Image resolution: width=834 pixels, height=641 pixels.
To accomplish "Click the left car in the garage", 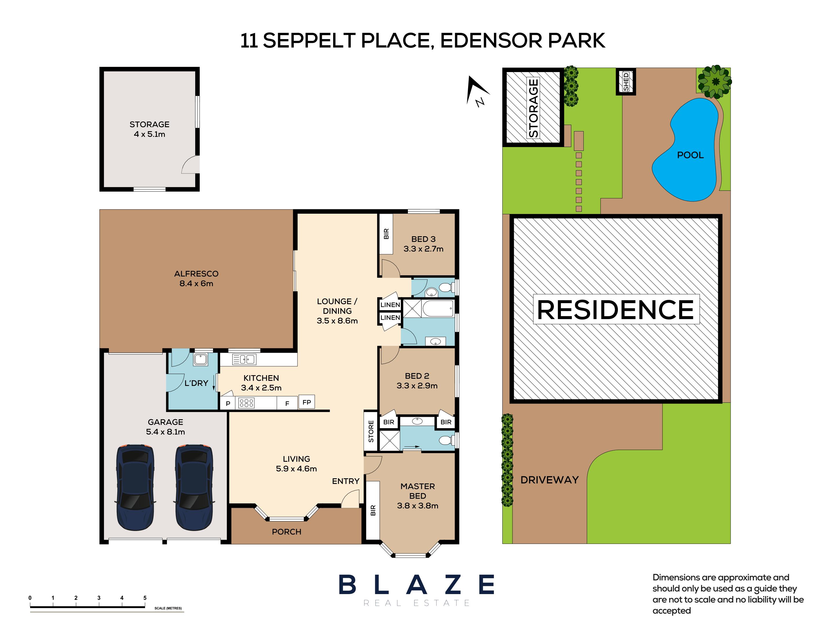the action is [x=135, y=487].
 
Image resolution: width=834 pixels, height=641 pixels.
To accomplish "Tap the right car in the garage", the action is [x=194, y=487].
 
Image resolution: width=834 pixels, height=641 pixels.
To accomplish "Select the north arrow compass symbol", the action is [x=477, y=91].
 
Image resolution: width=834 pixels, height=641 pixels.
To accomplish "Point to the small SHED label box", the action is [x=626, y=82].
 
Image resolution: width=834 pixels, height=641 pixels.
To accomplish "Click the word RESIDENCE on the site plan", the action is [x=615, y=309].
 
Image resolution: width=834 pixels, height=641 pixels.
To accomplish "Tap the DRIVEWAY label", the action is [x=549, y=480].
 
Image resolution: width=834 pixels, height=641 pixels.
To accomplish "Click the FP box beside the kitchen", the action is [x=306, y=402].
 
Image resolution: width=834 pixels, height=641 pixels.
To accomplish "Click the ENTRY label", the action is [x=345, y=481].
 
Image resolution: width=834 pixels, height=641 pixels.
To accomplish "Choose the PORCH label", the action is [x=286, y=532].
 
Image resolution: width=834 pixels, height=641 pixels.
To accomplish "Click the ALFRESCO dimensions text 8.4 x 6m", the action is [x=196, y=283].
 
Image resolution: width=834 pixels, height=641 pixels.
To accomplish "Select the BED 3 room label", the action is [x=423, y=239].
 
